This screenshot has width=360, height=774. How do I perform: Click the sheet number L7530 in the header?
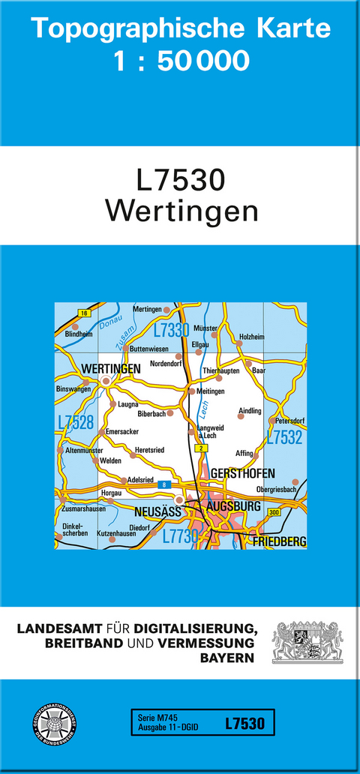[x=180, y=181]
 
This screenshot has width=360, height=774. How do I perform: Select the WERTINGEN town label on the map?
[x=111, y=369]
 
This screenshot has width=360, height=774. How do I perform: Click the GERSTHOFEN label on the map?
[x=243, y=474]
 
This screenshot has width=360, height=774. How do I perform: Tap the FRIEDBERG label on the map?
[x=280, y=541]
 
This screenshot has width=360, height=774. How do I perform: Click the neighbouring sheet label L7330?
[x=171, y=331]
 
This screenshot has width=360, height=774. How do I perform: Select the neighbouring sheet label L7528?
[x=76, y=422]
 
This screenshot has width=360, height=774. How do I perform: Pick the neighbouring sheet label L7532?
[x=285, y=437]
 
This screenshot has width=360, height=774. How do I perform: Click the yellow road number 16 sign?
[x=83, y=313]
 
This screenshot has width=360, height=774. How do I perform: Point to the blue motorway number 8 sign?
[x=163, y=485]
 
